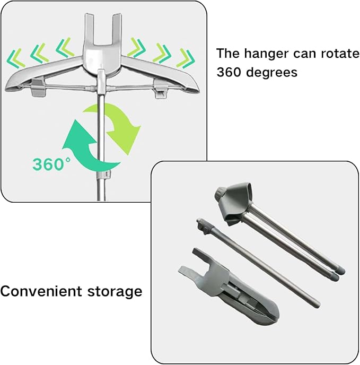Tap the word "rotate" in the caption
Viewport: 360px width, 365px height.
(x=340, y=53)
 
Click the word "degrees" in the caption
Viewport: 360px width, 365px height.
(x=271, y=73)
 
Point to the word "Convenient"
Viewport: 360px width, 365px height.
(x=41, y=291)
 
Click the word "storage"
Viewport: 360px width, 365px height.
(x=115, y=292)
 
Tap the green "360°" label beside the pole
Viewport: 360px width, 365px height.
(x=51, y=164)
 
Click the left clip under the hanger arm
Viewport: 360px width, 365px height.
(x=38, y=88)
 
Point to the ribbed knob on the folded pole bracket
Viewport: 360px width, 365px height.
(x=219, y=193)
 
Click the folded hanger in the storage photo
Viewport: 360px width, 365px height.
(x=229, y=289)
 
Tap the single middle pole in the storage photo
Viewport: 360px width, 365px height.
(x=258, y=263)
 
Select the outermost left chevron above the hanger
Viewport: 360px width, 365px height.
(x=16, y=58)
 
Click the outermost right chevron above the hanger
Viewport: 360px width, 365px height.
(x=186, y=58)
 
